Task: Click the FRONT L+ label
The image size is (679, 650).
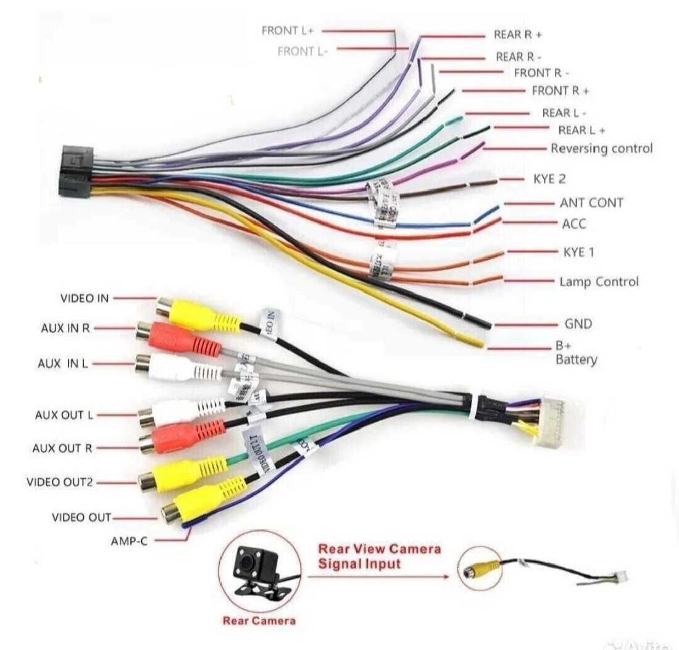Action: click(x=288, y=30)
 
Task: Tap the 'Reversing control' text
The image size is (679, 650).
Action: click(x=601, y=149)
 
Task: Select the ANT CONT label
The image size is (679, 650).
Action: click(x=591, y=202)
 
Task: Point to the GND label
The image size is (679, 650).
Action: click(x=578, y=323)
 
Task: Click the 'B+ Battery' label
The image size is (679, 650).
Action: click(x=576, y=353)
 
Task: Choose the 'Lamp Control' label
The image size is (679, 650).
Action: click(x=599, y=282)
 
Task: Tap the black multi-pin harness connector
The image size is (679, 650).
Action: click(x=77, y=172)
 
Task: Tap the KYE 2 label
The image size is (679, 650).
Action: click(x=549, y=179)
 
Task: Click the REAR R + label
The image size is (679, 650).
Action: click(x=517, y=35)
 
